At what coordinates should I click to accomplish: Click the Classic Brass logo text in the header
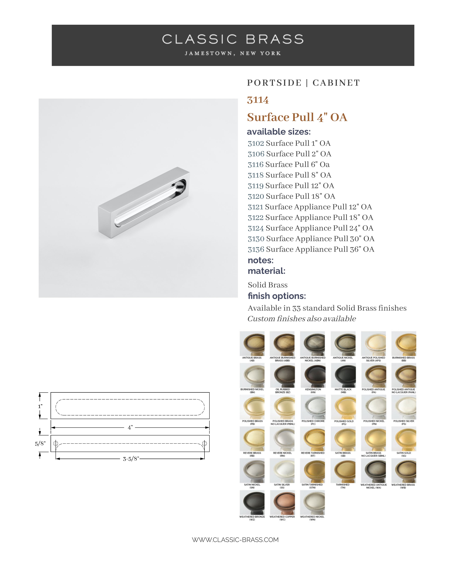click(x=233, y=39)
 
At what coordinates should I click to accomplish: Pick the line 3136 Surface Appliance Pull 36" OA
click(x=311, y=249)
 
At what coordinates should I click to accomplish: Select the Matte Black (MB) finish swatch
click(x=343, y=376)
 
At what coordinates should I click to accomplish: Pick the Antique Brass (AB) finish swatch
click(x=252, y=344)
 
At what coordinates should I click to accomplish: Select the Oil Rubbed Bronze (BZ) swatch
click(x=282, y=376)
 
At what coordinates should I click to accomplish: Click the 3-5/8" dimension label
click(x=131, y=459)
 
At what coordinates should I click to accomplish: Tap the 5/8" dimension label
click(x=40, y=444)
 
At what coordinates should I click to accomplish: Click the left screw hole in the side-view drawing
click(x=56, y=444)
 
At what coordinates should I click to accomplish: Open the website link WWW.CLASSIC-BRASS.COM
click(x=235, y=540)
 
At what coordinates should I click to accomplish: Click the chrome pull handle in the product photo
click(x=144, y=203)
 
